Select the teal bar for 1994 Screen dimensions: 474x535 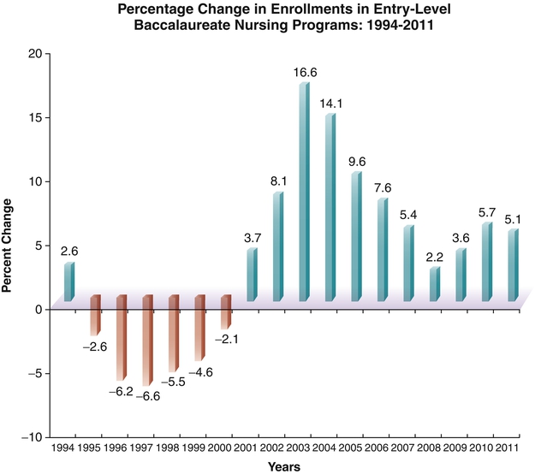tap(68, 282)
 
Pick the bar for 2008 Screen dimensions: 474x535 tap(434, 285)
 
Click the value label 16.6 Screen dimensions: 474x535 tap(305, 73)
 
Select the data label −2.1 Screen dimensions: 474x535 tap(226, 341)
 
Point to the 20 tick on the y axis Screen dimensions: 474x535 tap(35, 53)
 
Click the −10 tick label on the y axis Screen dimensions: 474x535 tap(32, 437)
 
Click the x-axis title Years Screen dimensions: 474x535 tap(283, 467)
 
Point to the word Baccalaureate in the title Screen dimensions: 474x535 tap(175, 25)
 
